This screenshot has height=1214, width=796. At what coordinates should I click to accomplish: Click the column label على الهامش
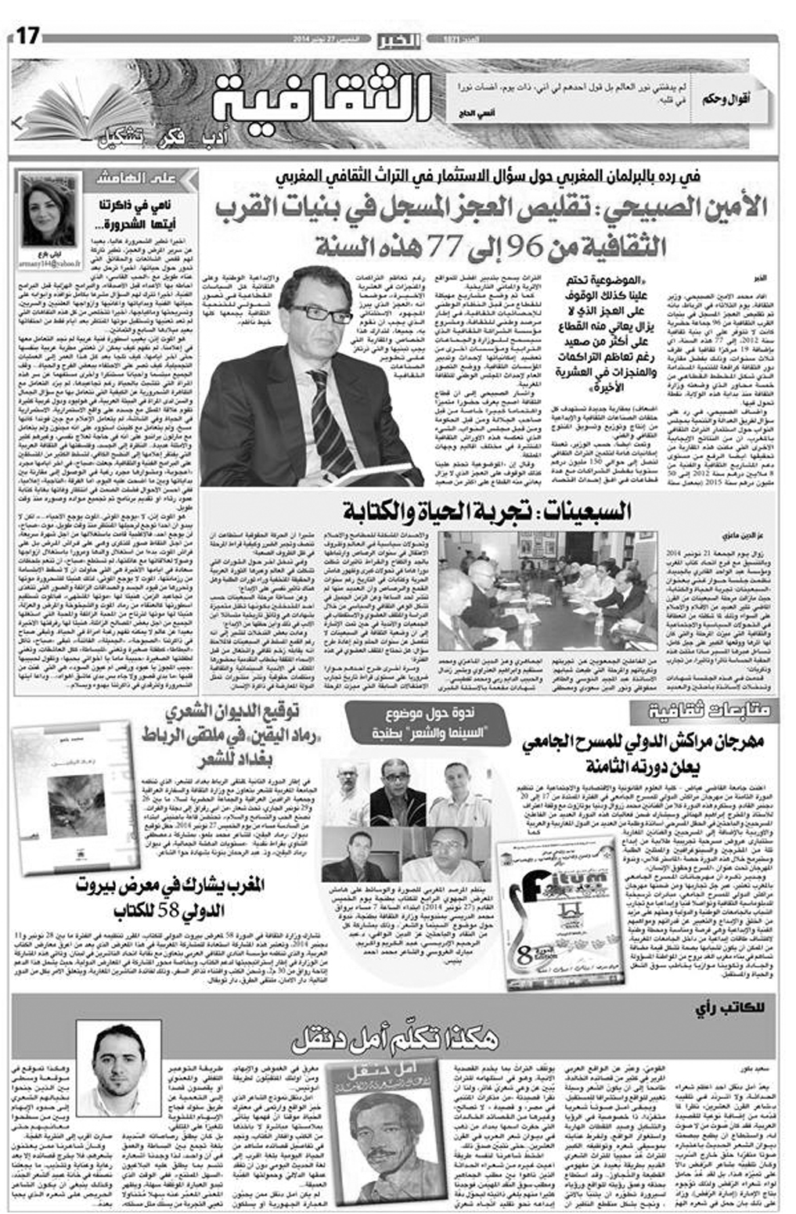134,179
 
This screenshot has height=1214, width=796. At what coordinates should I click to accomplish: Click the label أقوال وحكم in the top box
733,99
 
